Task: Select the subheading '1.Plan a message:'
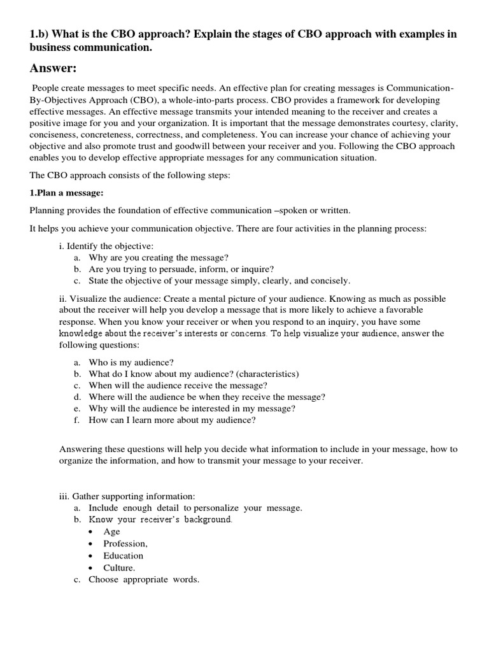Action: click(66, 193)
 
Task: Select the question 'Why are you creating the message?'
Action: click(158, 257)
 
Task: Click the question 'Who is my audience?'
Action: click(131, 362)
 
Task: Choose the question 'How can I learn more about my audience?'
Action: click(172, 420)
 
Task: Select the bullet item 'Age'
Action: click(111, 532)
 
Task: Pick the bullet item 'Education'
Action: click(124, 555)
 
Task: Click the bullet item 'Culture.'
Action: click(119, 567)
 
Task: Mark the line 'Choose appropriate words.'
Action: click(144, 579)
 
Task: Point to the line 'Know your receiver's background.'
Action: click(160, 520)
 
